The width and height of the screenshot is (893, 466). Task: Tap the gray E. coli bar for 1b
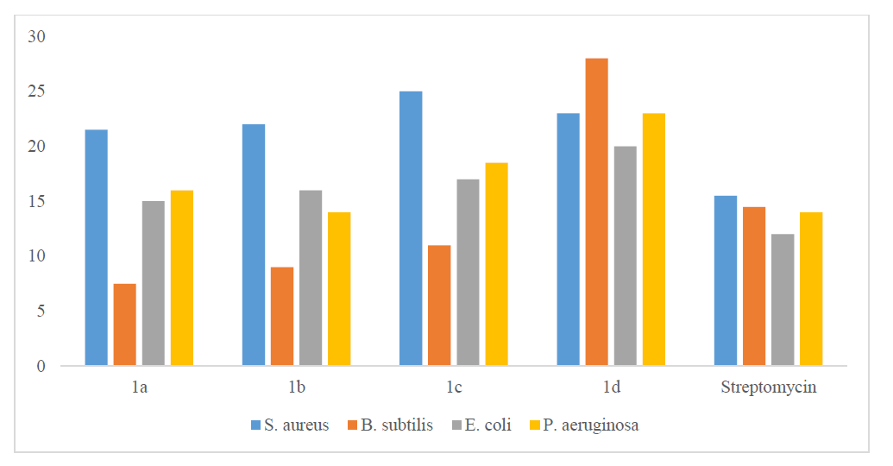point(311,278)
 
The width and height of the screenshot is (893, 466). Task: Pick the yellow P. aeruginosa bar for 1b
point(339,289)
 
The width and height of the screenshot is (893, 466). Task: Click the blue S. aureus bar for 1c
point(411,229)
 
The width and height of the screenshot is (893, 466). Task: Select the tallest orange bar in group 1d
point(596,212)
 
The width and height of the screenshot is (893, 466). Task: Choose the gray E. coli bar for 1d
point(625,256)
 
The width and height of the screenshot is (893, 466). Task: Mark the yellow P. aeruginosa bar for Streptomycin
point(811,289)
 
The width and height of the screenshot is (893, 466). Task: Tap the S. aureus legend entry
point(290,425)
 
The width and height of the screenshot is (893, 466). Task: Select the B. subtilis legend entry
point(389,425)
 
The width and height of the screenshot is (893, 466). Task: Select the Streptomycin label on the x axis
point(768,387)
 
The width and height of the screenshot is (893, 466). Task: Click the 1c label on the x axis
point(454,387)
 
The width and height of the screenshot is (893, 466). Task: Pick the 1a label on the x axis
point(139,387)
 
